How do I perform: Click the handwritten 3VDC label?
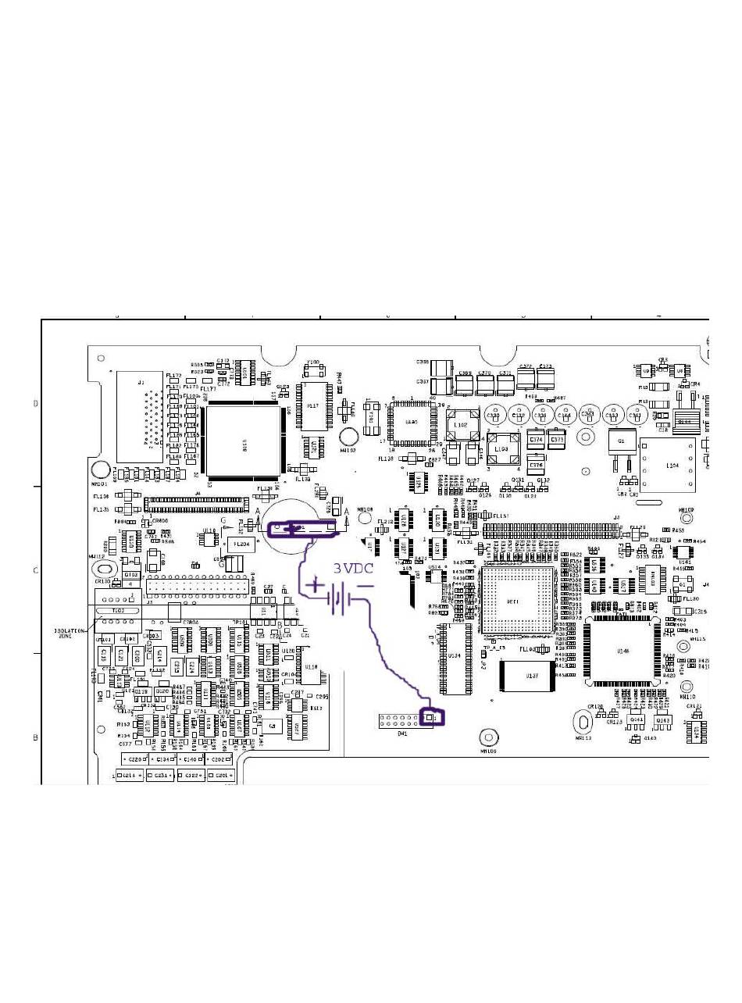(353, 569)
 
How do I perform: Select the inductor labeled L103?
(501, 450)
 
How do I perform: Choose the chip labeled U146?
(623, 650)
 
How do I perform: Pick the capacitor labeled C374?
(536, 440)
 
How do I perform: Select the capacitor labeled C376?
(535, 466)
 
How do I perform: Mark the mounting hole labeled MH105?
(488, 737)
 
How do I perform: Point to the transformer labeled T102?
(118, 610)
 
